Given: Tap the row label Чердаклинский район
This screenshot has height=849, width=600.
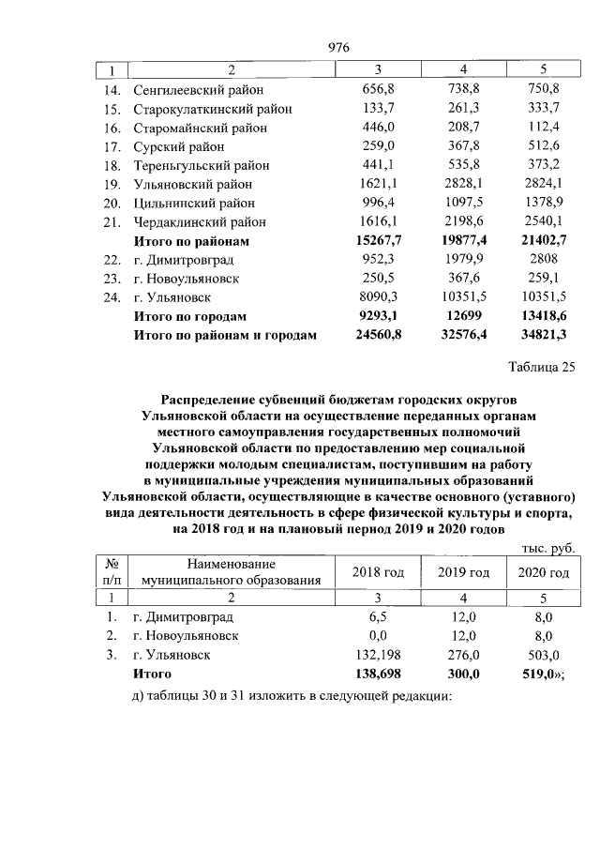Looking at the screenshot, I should [199, 222].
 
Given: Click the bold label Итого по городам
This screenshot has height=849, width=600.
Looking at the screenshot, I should [190, 316].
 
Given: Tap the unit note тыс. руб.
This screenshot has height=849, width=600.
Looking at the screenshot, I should [547, 549].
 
